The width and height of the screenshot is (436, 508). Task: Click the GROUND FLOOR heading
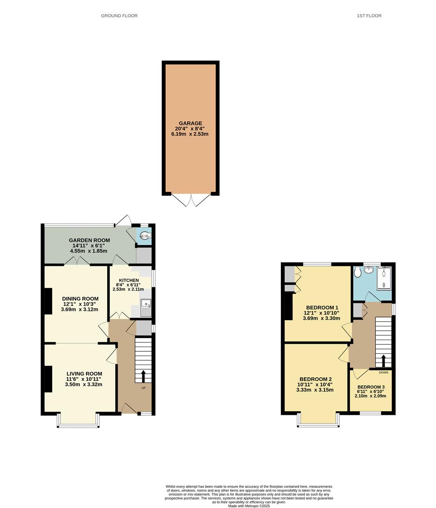coord(119,16)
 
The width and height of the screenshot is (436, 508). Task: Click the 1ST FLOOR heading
coord(369,16)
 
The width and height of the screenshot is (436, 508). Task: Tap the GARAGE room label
coord(190,123)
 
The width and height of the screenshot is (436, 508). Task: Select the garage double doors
coord(190,200)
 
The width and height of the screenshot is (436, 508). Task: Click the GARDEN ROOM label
coord(89,239)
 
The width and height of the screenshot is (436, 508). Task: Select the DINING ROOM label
coord(80,298)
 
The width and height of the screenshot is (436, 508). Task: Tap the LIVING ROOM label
coord(84,374)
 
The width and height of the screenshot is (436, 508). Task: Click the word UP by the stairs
coord(143,388)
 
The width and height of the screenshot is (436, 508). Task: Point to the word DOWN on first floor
coord(383,373)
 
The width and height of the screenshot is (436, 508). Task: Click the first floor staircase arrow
coord(383,361)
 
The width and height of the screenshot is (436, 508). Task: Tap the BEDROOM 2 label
coord(316,379)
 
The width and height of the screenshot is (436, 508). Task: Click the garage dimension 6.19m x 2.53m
coord(190,134)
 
